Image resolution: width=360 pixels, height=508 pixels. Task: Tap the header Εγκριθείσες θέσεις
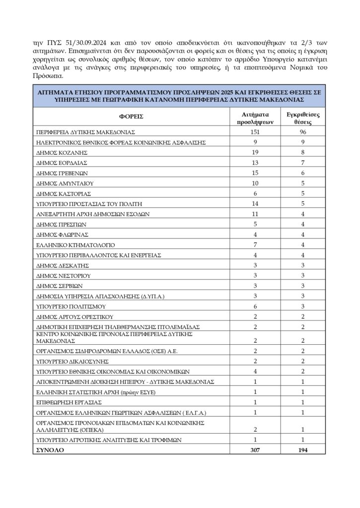[303, 117]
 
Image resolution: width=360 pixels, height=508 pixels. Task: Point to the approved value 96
[303, 133]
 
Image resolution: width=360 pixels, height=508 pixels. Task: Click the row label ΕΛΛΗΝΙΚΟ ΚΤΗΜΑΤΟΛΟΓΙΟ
[76, 245]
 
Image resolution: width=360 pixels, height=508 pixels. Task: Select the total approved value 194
[303, 450]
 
